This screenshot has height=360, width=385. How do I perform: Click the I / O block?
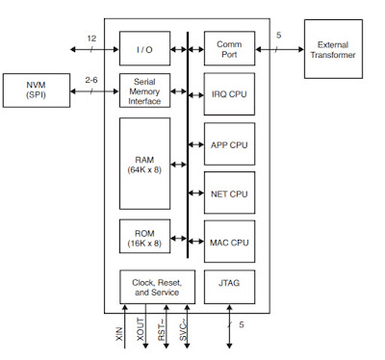pos(144,48)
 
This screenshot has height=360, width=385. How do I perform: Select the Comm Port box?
pos(229,48)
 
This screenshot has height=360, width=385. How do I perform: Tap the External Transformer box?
pos(333,49)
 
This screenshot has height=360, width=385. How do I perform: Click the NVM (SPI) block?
pos(37,90)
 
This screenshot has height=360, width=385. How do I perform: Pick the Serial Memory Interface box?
pos(144,90)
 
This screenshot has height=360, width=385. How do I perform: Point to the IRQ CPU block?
pos(229,94)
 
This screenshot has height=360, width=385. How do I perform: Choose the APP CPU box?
pos(229,144)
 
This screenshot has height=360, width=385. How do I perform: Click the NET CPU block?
pos(229,193)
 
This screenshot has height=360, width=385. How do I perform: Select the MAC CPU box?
pos(229,242)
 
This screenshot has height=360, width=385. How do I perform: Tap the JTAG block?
pos(229,287)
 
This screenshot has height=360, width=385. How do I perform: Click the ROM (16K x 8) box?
pos(144,237)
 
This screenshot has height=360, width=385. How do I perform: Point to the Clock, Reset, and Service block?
pos(157,287)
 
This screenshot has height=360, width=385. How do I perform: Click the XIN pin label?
pos(118,334)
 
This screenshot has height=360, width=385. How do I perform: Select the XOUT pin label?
pos(141,329)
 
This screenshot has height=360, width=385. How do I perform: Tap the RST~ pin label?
pos(162,330)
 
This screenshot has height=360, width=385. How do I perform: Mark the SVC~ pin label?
pos(183,330)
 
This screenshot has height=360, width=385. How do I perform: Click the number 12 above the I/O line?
pos(91,39)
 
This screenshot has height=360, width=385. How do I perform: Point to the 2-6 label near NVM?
pos(91,80)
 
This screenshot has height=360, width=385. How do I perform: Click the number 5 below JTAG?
pos(242,324)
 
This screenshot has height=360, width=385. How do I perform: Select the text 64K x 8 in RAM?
pos(144,169)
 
